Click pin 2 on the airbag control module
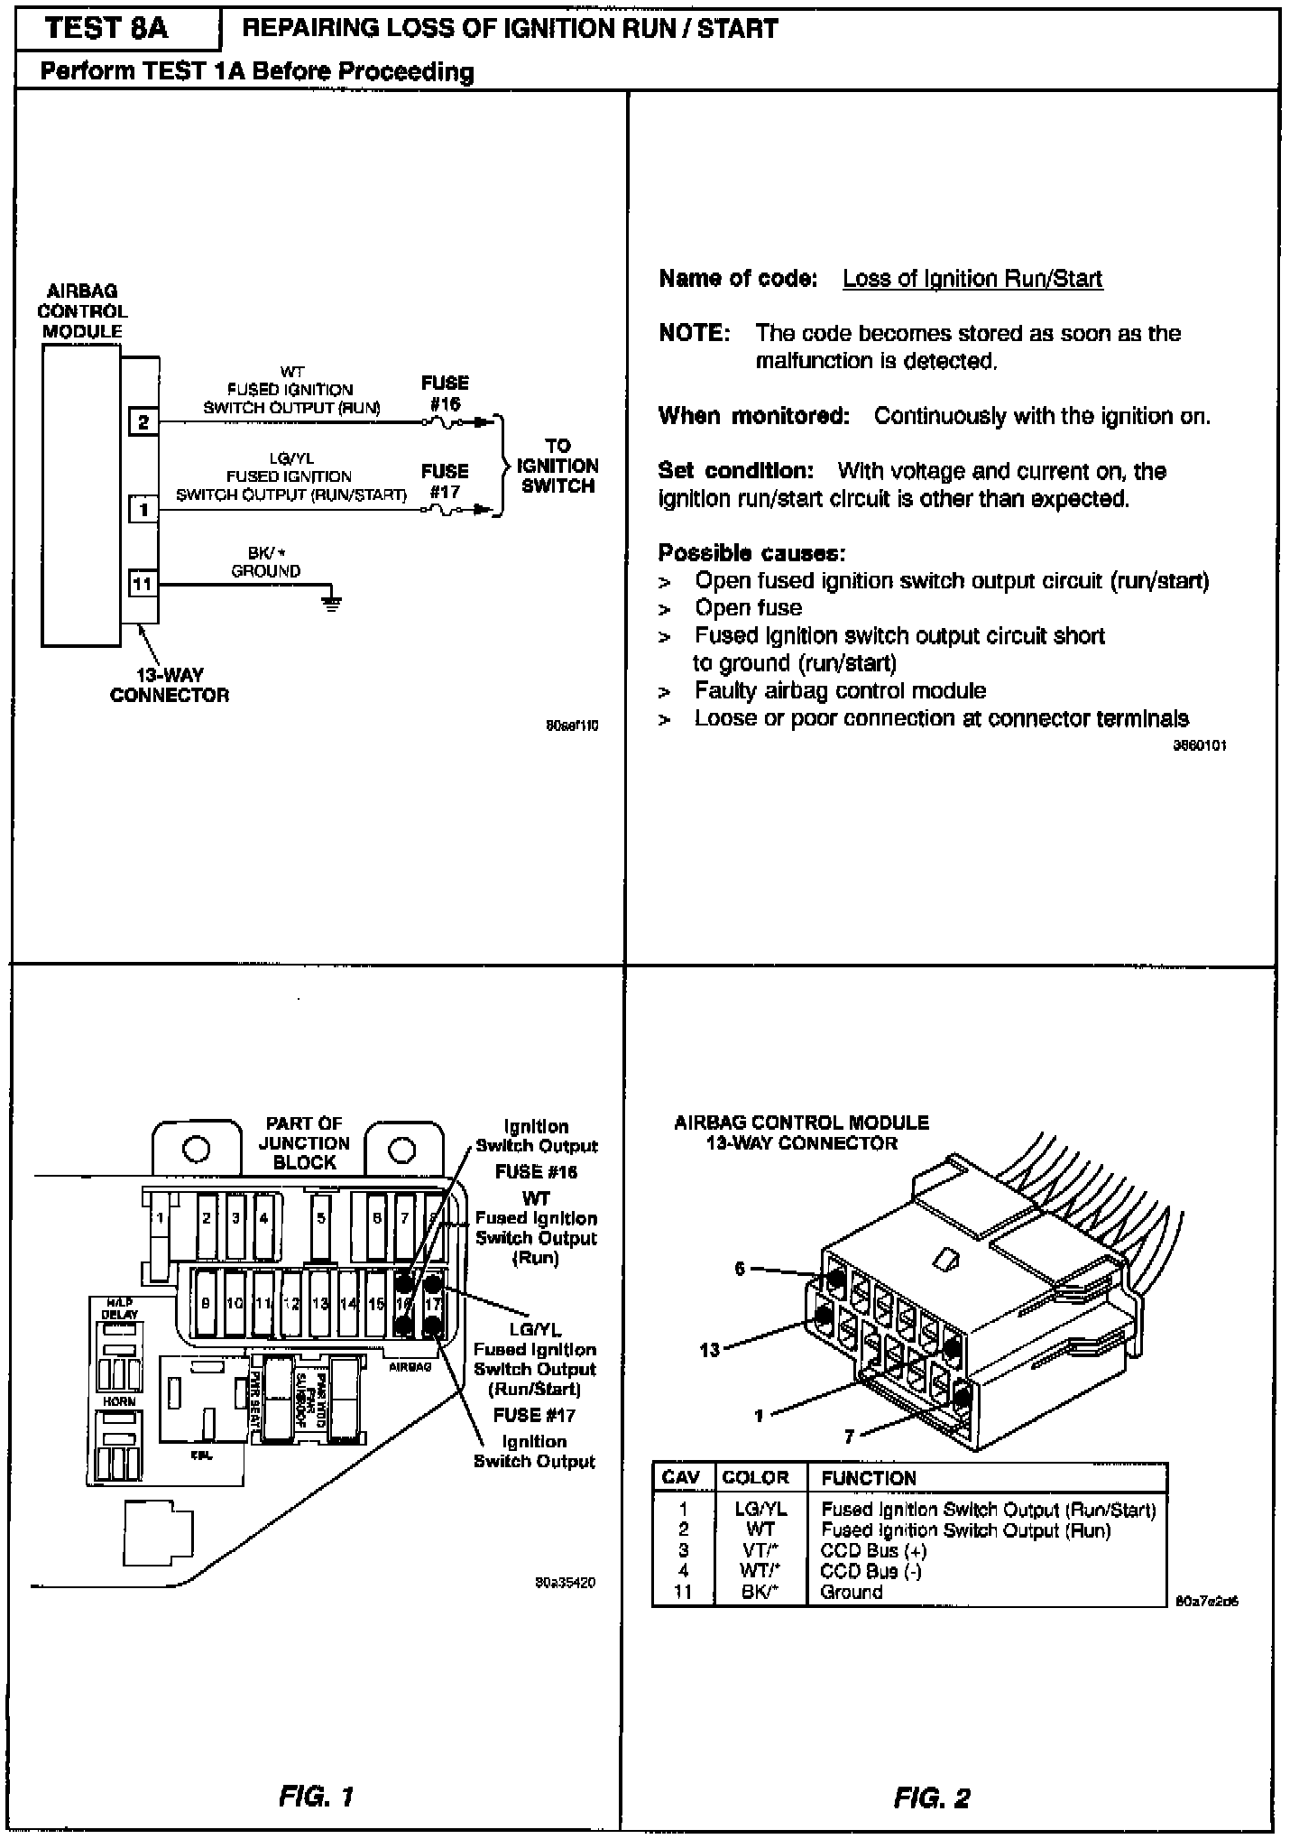tap(143, 421)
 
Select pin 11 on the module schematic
tap(143, 584)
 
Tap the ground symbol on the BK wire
tap(333, 602)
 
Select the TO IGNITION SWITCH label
tap(557, 466)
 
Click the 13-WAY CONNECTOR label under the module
tap(170, 685)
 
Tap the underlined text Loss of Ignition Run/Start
tap(972, 279)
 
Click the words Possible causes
tap(751, 552)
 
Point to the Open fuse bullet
tap(748, 608)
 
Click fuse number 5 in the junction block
tap(320, 1218)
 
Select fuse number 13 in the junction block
tap(320, 1303)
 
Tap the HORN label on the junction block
tap(119, 1401)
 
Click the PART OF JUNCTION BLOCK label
tap(304, 1143)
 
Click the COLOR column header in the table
tap(755, 1477)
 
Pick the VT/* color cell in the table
tap(760, 1550)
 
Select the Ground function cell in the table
tap(851, 1592)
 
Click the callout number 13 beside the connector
tap(710, 1350)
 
